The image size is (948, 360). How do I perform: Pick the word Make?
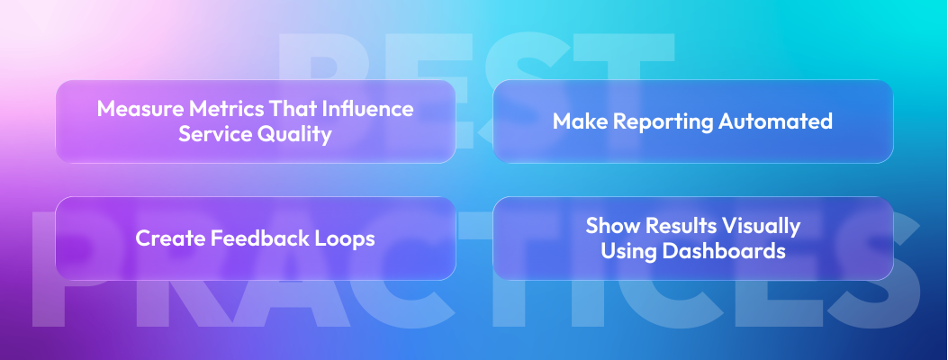(x=575, y=121)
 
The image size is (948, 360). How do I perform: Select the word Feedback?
(x=256, y=238)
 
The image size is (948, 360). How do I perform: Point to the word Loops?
(x=344, y=238)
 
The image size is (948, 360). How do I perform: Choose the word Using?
(x=628, y=251)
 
